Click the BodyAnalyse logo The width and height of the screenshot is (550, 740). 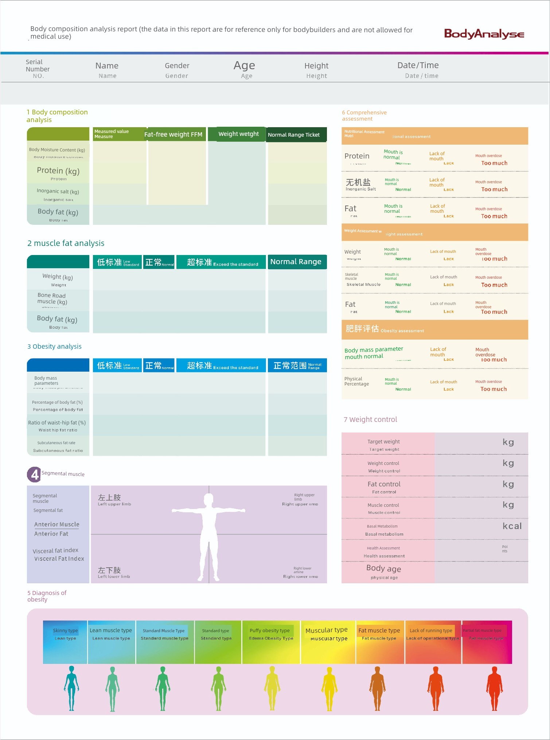pyautogui.click(x=484, y=34)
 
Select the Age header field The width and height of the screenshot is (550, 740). pyautogui.click(x=244, y=66)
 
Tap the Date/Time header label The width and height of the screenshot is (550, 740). pyautogui.click(x=418, y=66)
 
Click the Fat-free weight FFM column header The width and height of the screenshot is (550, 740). pyautogui.click(x=173, y=134)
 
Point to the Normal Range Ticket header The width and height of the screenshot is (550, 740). pyautogui.click(x=294, y=135)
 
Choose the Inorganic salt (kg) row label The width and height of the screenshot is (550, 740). pyautogui.click(x=58, y=191)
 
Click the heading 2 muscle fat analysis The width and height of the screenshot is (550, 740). pyautogui.click(x=66, y=243)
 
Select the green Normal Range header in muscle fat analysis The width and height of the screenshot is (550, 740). pyautogui.click(x=296, y=262)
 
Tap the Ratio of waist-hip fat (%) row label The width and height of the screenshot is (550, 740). pyautogui.click(x=57, y=423)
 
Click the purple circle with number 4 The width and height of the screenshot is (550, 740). pyautogui.click(x=34, y=474)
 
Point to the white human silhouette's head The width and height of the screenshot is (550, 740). pyautogui.click(x=209, y=499)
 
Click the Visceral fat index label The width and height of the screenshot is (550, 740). pyautogui.click(x=56, y=551)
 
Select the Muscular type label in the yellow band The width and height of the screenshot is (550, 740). pyautogui.click(x=327, y=630)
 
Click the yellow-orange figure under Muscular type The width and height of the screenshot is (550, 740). pyautogui.click(x=329, y=689)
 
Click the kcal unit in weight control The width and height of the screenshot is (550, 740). pyautogui.click(x=512, y=526)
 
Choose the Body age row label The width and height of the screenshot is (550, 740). pyautogui.click(x=384, y=569)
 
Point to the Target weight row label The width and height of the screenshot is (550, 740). pyautogui.click(x=383, y=442)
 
